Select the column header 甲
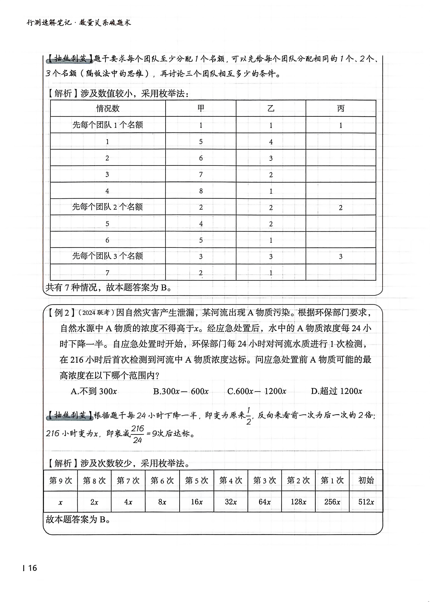coord(201,108)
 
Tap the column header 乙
coord(271,108)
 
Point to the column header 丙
coord(340,108)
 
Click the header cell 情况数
coord(108,108)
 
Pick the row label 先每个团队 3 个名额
coord(108,256)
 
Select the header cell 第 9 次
coord(61,480)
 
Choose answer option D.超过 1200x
coord(336,391)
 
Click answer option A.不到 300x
coord(94,391)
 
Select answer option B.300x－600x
coord(181,391)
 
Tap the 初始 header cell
coord(366,480)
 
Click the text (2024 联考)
coord(96,313)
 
